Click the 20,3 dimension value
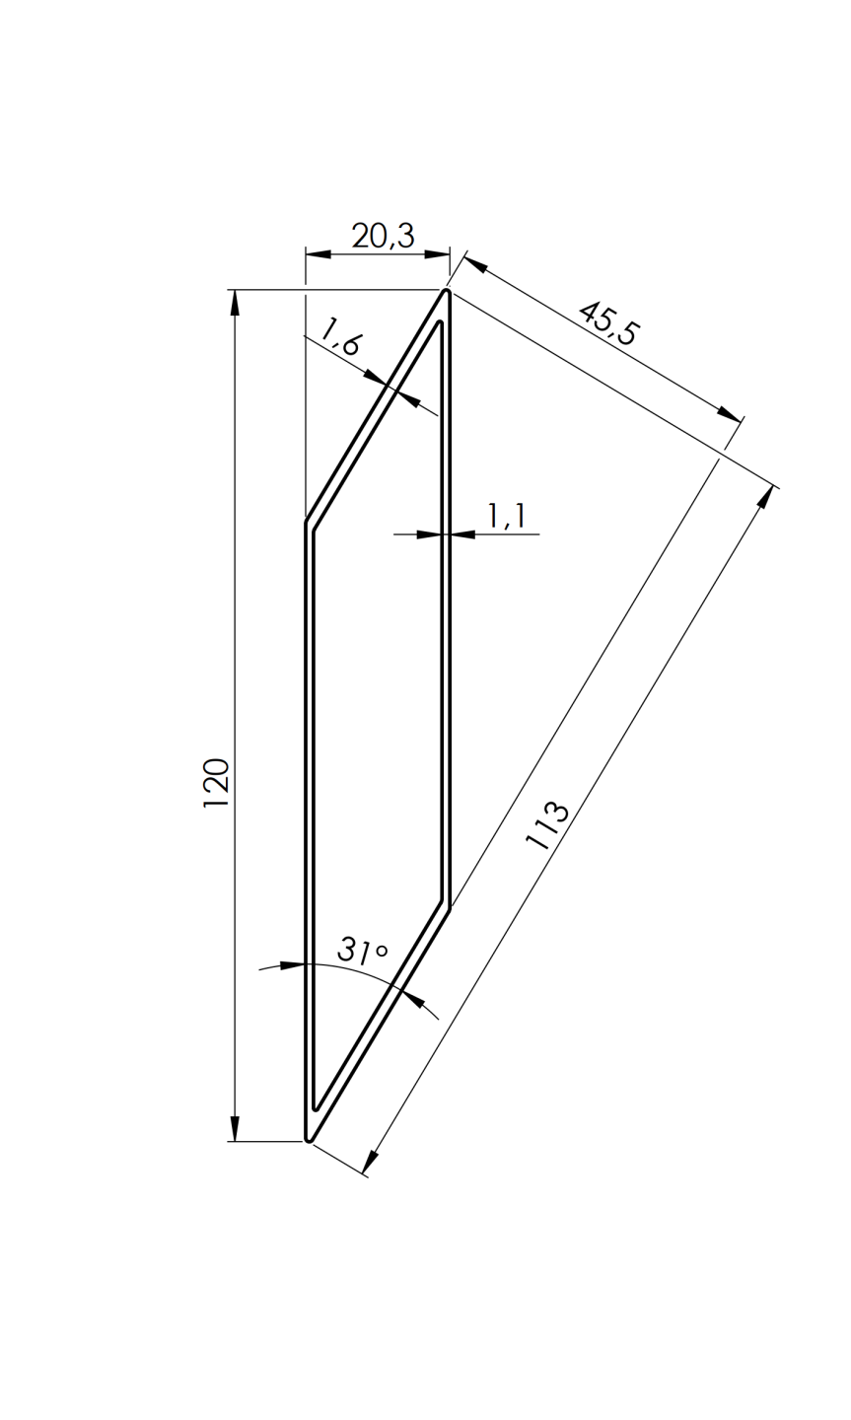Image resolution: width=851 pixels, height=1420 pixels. pos(383,236)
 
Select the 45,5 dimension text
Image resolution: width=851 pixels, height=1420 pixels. pos(608,322)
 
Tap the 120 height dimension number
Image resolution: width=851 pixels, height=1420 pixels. pos(216,784)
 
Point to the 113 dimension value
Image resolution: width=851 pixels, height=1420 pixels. pos(547,826)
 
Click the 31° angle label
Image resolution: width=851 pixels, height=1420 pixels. pos(362,951)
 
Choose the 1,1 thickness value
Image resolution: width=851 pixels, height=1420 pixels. pos(506,516)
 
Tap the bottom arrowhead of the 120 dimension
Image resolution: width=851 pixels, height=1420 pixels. pos(235,1128)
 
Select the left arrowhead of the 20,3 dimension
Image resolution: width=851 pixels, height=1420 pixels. pos(318,254)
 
